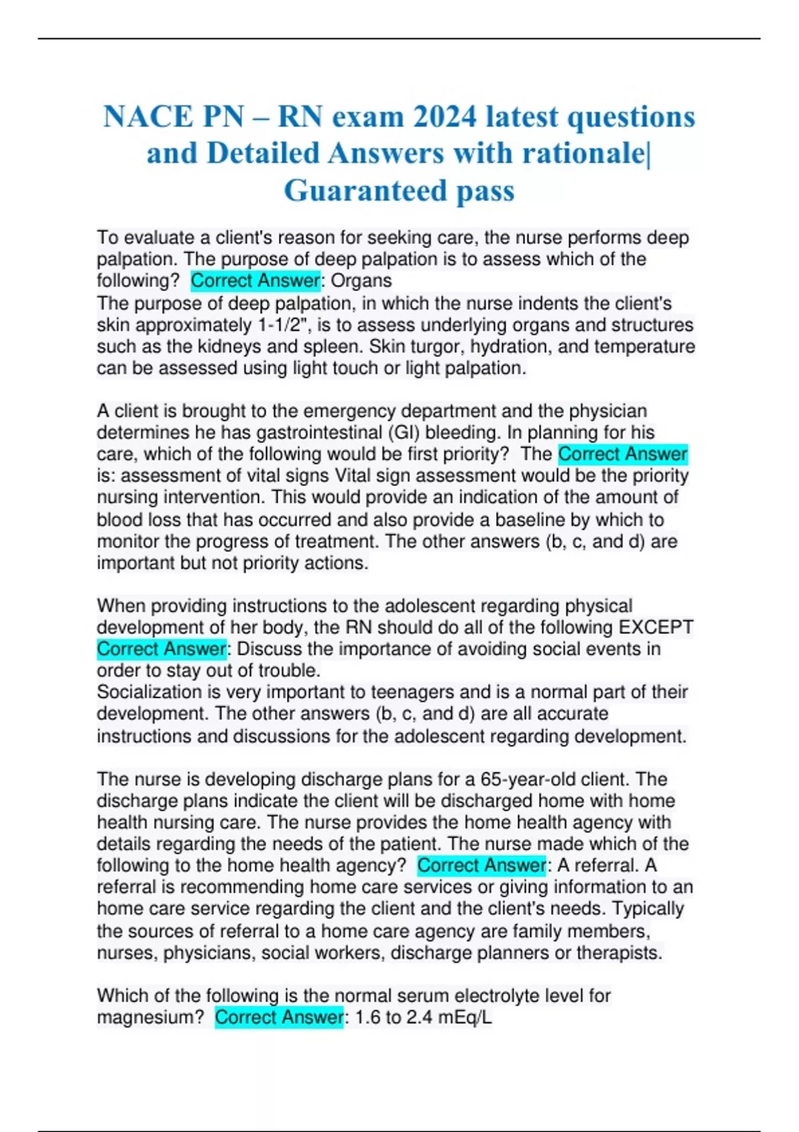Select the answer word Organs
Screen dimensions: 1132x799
(361, 281)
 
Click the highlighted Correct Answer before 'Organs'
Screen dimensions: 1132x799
(255, 281)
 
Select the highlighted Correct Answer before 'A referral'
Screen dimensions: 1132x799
(481, 866)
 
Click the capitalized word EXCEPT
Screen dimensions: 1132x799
(656, 627)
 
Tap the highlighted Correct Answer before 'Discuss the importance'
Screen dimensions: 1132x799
(161, 649)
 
